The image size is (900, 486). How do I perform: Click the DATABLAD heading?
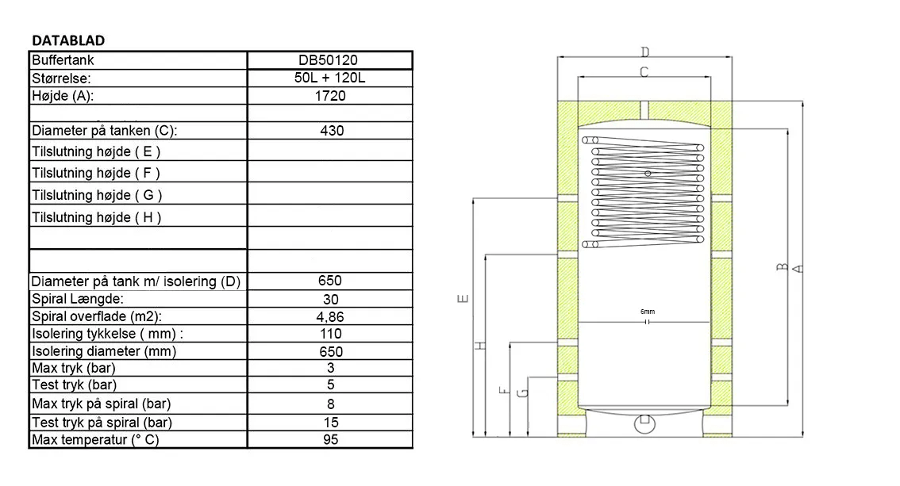[x=68, y=40]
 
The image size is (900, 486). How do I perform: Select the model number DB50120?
[x=329, y=60]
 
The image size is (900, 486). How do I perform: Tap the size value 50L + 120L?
[x=329, y=78]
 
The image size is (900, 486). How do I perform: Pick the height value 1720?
[x=330, y=96]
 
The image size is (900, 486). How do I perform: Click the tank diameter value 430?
[x=332, y=131]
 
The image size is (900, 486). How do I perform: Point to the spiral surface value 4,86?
[x=330, y=317]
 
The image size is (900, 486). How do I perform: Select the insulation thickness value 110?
[x=331, y=334]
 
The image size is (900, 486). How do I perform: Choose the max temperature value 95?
[x=331, y=439]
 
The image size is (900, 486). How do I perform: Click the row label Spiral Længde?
[x=78, y=299]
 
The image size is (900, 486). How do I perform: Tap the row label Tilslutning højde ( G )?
[x=97, y=196]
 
